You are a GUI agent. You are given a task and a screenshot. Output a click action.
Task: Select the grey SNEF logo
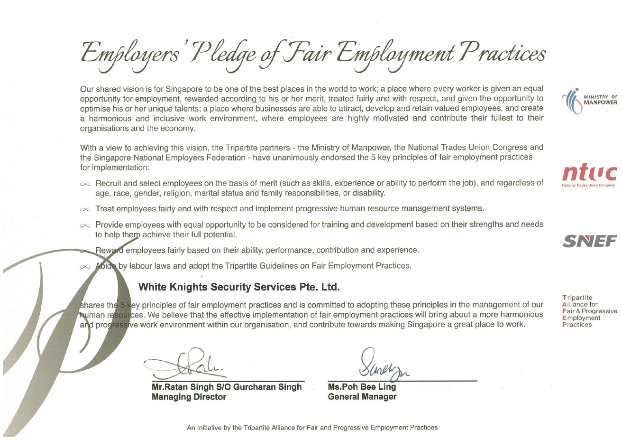tap(590, 241)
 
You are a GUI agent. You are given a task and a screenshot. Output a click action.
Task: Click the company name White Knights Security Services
tap(239, 287)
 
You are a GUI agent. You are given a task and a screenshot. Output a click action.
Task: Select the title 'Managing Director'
tap(189, 397)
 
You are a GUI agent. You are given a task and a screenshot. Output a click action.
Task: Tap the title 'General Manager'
tap(362, 397)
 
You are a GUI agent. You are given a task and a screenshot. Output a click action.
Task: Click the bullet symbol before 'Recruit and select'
tap(85, 184)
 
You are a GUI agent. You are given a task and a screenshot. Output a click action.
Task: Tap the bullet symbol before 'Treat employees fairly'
tap(85, 209)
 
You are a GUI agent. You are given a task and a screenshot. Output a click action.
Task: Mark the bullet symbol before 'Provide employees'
tap(85, 225)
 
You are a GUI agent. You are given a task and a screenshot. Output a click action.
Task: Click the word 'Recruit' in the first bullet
tap(109, 183)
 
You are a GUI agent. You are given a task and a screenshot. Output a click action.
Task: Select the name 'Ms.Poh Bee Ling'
tap(362, 387)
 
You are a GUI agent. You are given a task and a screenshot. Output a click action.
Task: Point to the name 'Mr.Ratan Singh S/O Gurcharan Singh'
tap(227, 387)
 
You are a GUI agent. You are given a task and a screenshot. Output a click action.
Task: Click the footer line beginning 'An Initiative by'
tap(312, 428)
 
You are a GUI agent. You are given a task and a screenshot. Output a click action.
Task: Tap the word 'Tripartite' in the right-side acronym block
tap(577, 298)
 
